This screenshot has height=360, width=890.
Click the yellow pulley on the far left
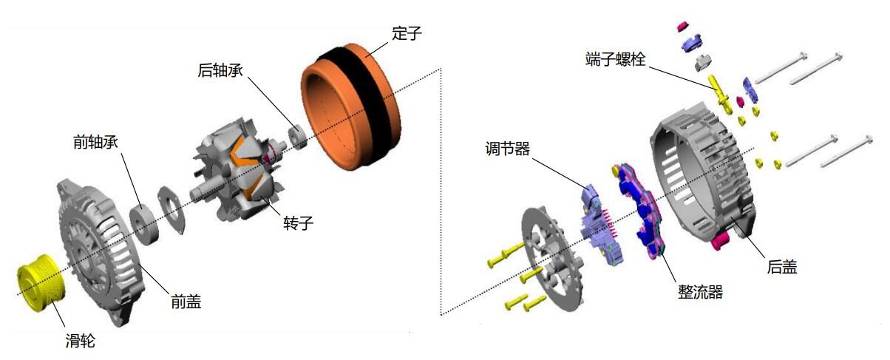(41, 283)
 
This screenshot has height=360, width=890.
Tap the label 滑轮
(81, 341)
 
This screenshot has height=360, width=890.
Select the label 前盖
(186, 302)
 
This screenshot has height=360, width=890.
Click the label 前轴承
(96, 142)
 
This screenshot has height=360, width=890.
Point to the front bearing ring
(144, 224)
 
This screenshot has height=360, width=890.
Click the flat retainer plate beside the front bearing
(171, 210)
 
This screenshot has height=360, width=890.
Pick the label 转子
(299, 223)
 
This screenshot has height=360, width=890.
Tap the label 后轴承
(220, 70)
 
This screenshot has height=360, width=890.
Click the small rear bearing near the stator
(298, 137)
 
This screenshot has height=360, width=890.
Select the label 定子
(407, 33)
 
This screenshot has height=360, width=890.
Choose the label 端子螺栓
(616, 59)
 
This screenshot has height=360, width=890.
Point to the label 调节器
(507, 149)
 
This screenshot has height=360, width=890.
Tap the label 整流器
(701, 292)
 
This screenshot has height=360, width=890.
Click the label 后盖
(782, 267)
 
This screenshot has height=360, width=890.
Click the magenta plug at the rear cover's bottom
(720, 242)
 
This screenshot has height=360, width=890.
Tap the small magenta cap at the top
(682, 27)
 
